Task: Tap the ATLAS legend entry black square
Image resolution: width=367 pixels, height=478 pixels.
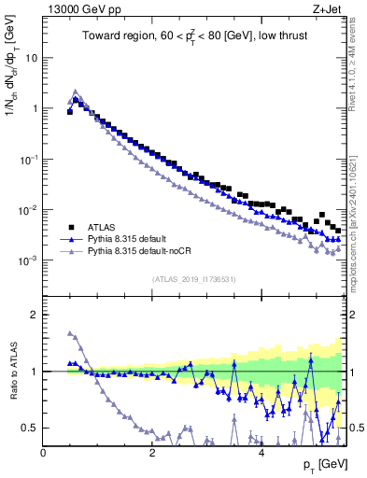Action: (x=71, y=227)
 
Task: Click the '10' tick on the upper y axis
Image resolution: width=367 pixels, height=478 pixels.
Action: (x=31, y=58)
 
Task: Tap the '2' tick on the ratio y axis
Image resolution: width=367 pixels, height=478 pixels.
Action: (x=35, y=315)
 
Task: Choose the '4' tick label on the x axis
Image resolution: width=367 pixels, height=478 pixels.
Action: (x=261, y=453)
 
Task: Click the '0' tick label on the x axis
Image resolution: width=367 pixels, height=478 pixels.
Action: (x=43, y=453)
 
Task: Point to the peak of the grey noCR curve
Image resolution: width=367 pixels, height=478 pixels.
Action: (x=76, y=91)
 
